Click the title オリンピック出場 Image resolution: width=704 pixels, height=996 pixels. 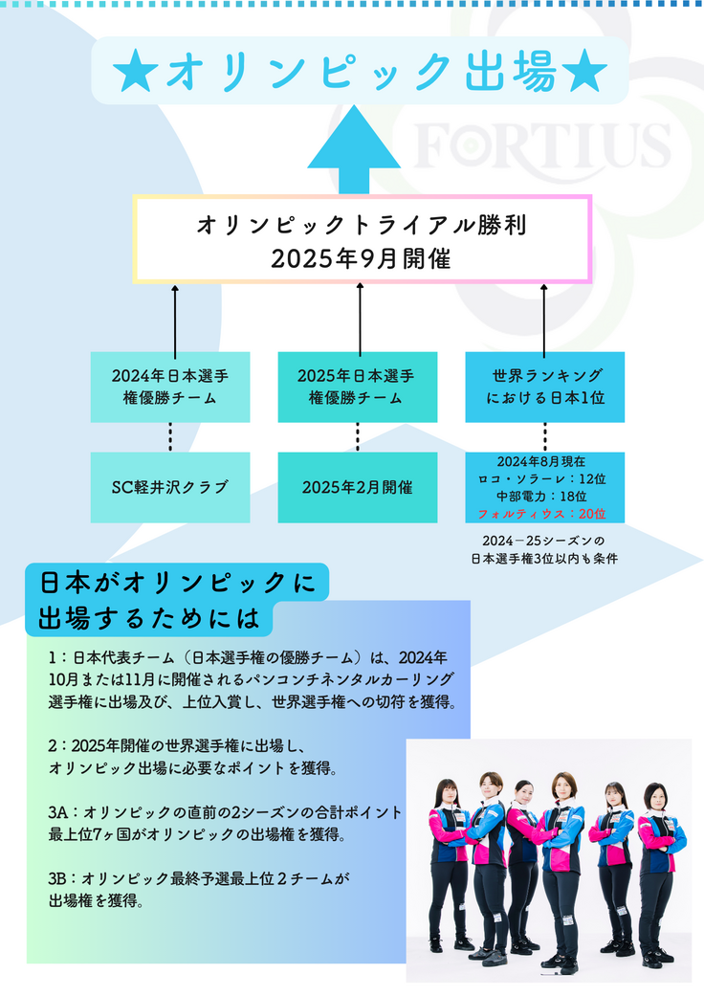point(360,71)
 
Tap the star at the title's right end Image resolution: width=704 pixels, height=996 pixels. point(584,72)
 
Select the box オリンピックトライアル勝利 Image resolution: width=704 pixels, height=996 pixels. point(362,239)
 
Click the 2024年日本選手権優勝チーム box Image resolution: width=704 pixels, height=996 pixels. point(170,387)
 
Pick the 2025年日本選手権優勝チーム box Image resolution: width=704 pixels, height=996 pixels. point(357,387)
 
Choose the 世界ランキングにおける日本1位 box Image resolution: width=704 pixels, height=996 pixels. point(544,387)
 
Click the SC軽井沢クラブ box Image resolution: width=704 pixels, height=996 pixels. point(170,487)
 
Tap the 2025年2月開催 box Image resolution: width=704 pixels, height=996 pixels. point(357,487)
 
